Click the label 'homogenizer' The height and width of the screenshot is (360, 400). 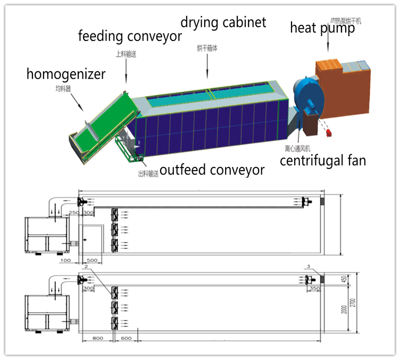point(66,74)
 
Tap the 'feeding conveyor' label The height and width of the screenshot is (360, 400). point(130,36)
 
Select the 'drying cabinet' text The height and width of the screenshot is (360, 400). point(223,22)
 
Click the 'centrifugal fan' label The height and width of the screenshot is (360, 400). point(323,160)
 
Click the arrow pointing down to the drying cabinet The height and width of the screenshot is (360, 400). point(207,66)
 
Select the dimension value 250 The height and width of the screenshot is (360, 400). point(74,213)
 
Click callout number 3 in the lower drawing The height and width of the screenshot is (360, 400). point(308,266)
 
